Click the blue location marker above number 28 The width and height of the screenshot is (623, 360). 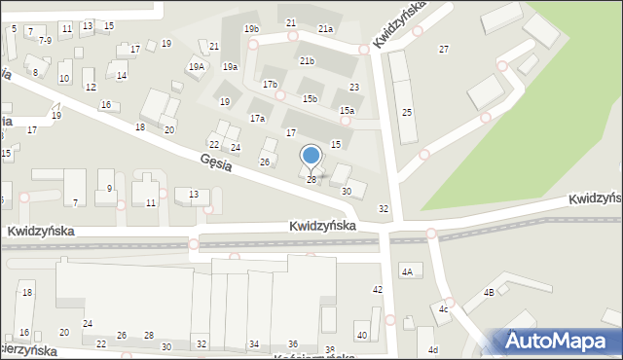tap(311, 156)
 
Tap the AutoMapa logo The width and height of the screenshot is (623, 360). tap(561, 342)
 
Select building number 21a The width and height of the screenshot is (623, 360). tap(325, 29)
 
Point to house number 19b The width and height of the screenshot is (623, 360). tap(251, 29)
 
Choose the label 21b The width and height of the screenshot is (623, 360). tap(308, 61)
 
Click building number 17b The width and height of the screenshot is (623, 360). tap(270, 85)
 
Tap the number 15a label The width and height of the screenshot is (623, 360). tap(347, 111)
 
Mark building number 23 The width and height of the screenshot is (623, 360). tap(354, 88)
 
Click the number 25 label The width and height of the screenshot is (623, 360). tap(407, 113)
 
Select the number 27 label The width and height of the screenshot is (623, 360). tap(444, 49)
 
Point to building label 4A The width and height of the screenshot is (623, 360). tap(408, 271)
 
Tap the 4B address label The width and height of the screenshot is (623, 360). tap(490, 291)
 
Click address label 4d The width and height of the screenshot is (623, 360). tap(433, 349)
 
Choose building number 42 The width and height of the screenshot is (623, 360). tap(378, 290)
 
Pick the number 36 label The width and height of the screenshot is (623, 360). tap(293, 343)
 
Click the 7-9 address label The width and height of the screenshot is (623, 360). tap(45, 41)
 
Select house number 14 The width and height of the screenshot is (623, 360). tap(122, 75)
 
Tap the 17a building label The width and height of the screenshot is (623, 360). tap(257, 118)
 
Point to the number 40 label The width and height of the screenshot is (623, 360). tap(361, 336)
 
